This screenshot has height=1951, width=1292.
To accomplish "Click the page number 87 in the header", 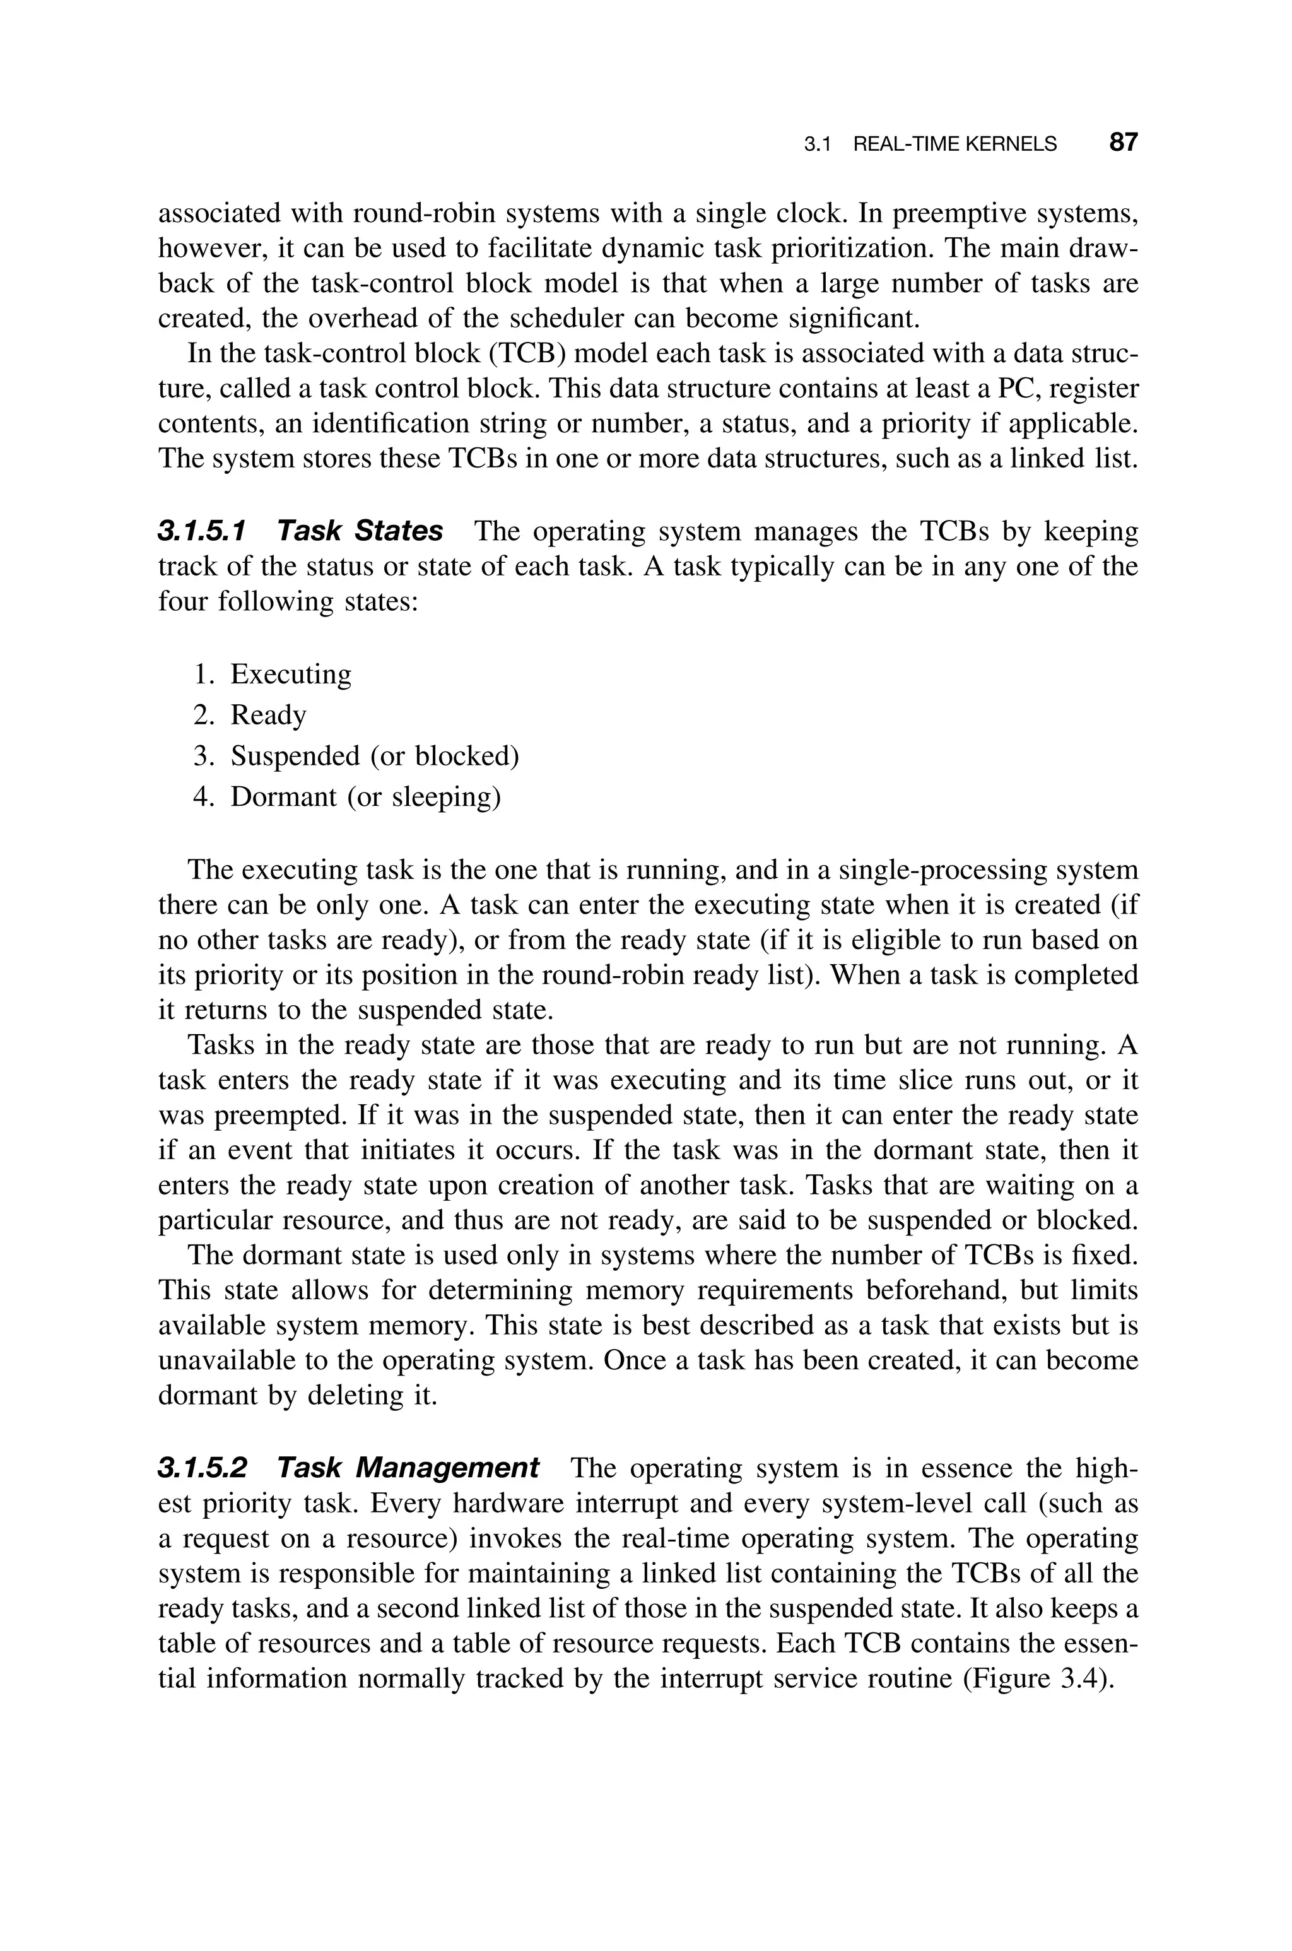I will click(1123, 143).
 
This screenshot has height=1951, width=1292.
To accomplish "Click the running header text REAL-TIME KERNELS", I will click(954, 144).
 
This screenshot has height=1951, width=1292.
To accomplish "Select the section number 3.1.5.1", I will click(202, 531).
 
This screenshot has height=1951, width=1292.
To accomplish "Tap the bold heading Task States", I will click(360, 531).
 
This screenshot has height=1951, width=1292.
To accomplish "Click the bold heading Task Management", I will click(408, 1468).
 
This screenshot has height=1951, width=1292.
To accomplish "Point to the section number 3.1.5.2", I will click(202, 1468).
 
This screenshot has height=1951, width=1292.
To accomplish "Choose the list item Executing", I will click(291, 674).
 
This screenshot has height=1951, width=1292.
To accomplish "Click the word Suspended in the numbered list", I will click(295, 755).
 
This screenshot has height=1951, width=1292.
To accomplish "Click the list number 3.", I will click(203, 755).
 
